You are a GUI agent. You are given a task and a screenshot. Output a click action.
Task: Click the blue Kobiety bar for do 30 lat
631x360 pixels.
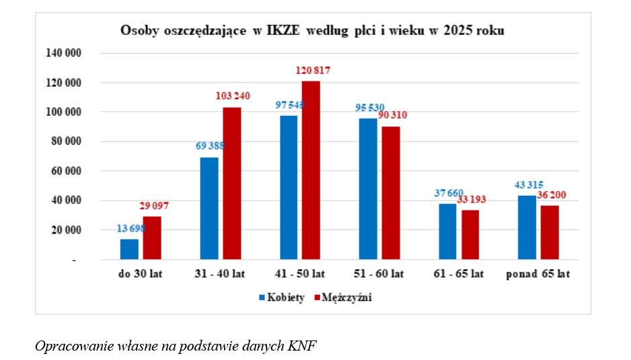click(129, 249)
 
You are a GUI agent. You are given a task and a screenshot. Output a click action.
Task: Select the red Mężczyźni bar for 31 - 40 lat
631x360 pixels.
click(232, 183)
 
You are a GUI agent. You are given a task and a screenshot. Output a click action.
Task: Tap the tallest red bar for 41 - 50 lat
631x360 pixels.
click(311, 170)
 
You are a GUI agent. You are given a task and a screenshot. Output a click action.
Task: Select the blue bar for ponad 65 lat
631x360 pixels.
click(527, 227)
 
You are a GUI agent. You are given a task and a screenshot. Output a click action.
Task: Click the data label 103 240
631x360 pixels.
click(232, 96)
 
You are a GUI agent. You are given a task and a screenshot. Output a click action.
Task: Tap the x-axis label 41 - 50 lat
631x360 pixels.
click(300, 274)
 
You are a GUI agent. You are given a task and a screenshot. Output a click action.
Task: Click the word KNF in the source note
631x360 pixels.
click(303, 346)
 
